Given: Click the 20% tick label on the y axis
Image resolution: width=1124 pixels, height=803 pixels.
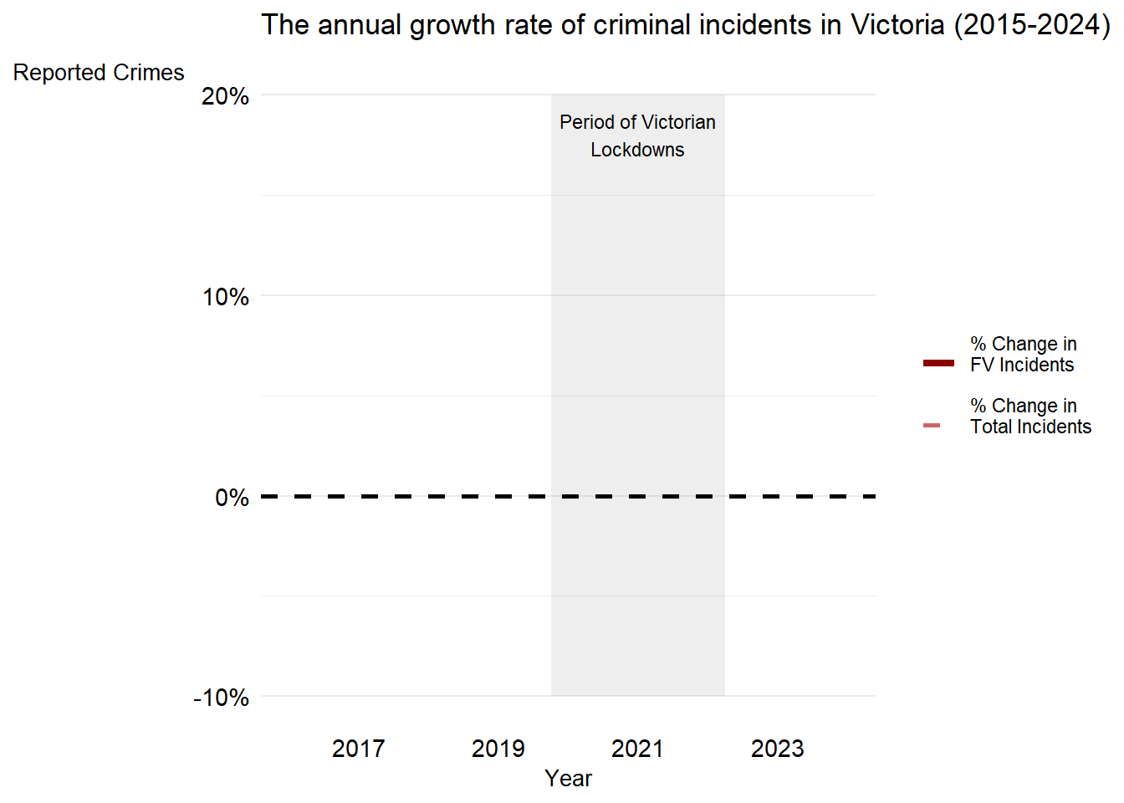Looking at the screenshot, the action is tap(225, 96).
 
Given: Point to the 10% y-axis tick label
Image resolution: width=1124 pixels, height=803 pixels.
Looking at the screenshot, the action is tap(225, 297).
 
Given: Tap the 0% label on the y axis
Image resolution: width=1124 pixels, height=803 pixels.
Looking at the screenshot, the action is tap(232, 498).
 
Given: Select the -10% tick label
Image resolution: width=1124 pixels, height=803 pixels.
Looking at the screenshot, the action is tap(222, 698).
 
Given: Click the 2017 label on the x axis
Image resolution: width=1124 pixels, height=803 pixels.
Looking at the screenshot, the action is tap(358, 749).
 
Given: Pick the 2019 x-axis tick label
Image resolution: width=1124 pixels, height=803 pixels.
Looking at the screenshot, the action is tap(498, 749).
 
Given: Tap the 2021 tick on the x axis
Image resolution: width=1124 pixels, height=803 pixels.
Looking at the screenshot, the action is tap(637, 749).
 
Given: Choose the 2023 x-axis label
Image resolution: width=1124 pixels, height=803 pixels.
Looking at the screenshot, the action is tap(777, 749).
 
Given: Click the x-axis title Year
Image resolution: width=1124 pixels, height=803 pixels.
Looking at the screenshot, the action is tap(568, 779).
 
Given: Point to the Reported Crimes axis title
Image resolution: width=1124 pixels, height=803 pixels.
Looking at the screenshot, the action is tap(99, 72).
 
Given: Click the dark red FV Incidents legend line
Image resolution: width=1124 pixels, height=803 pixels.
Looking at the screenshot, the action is tap(938, 363).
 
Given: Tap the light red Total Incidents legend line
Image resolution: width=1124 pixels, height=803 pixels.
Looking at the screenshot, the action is tap(932, 426).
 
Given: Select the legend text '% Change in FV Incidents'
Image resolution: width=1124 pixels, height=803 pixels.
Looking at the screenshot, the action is tap(1023, 355).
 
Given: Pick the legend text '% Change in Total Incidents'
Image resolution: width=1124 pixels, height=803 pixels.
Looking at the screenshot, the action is tap(1030, 416).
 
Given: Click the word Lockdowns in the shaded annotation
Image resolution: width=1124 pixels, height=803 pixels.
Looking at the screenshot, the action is tap(637, 150).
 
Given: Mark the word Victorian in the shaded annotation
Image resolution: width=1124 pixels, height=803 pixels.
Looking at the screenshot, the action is tap(678, 122).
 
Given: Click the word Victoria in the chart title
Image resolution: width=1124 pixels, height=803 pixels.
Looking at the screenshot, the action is tap(897, 24).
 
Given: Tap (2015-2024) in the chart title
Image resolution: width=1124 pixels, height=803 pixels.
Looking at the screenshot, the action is tap(1032, 25).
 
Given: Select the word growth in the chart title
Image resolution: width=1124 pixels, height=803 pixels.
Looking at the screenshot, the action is tap(452, 26).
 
